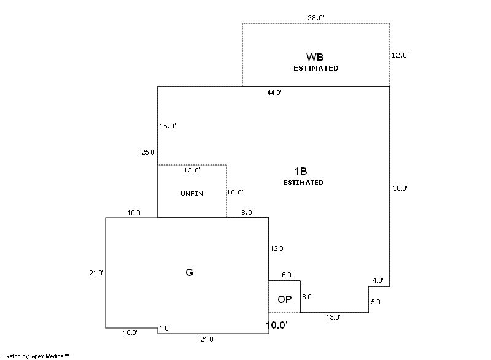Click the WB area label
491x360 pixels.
[x=315, y=57]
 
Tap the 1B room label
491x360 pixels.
[x=301, y=172]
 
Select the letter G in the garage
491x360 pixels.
[x=189, y=272]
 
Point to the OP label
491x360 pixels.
[x=284, y=299]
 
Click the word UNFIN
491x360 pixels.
[x=191, y=193]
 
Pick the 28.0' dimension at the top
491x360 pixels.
[x=315, y=18]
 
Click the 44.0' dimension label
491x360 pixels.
[x=274, y=93]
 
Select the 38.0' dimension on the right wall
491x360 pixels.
[x=400, y=188]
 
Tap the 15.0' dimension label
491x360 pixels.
[x=168, y=126]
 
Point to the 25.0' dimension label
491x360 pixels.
[x=149, y=152]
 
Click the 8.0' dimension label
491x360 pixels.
[x=247, y=213]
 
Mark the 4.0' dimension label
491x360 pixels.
[x=377, y=280]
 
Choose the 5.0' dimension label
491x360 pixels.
[x=376, y=302]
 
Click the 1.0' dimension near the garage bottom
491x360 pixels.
[x=164, y=328]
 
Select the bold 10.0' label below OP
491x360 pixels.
[x=276, y=325]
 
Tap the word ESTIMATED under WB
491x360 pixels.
[x=315, y=68]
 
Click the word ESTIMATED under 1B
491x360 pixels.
[x=303, y=182]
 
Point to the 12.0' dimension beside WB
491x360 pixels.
[x=400, y=55]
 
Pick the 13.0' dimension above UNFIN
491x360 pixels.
[x=191, y=170]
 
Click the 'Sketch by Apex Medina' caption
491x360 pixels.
[x=37, y=355]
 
